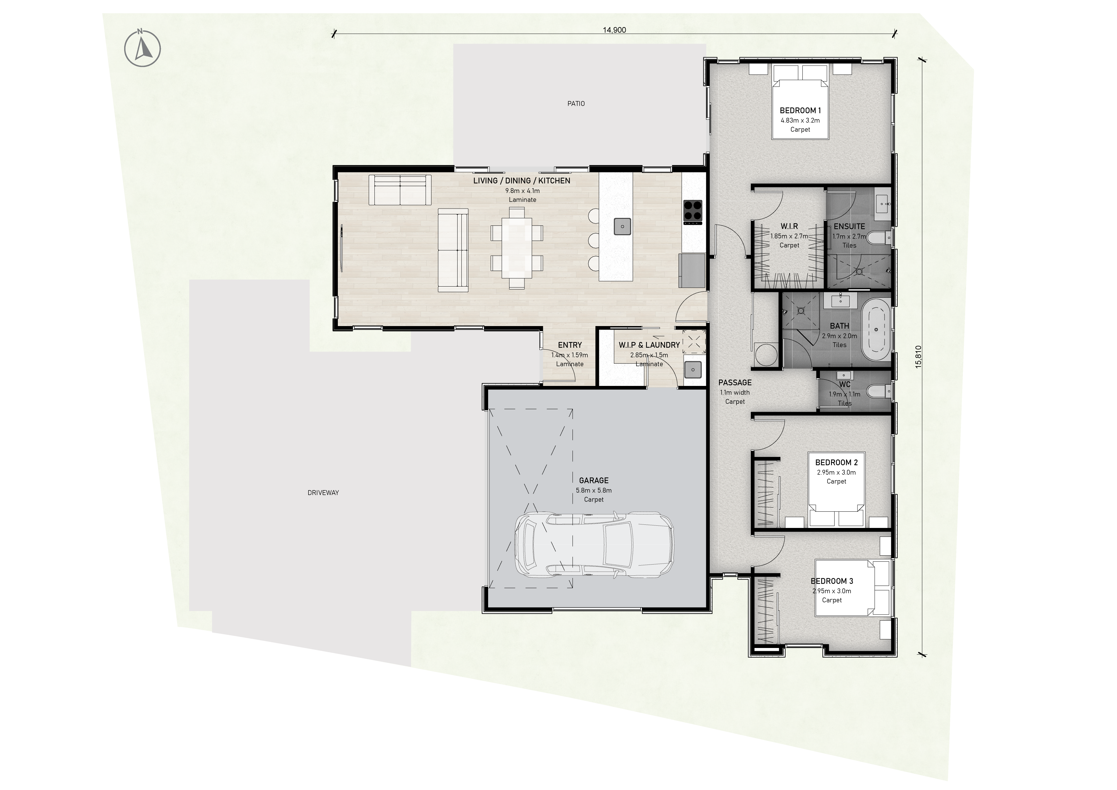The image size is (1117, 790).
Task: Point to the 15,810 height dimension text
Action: coord(918,357)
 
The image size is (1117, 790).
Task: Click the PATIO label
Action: coord(576,103)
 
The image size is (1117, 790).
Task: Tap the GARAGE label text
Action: coord(594,480)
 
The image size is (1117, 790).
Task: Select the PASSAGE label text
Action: coord(735,383)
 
